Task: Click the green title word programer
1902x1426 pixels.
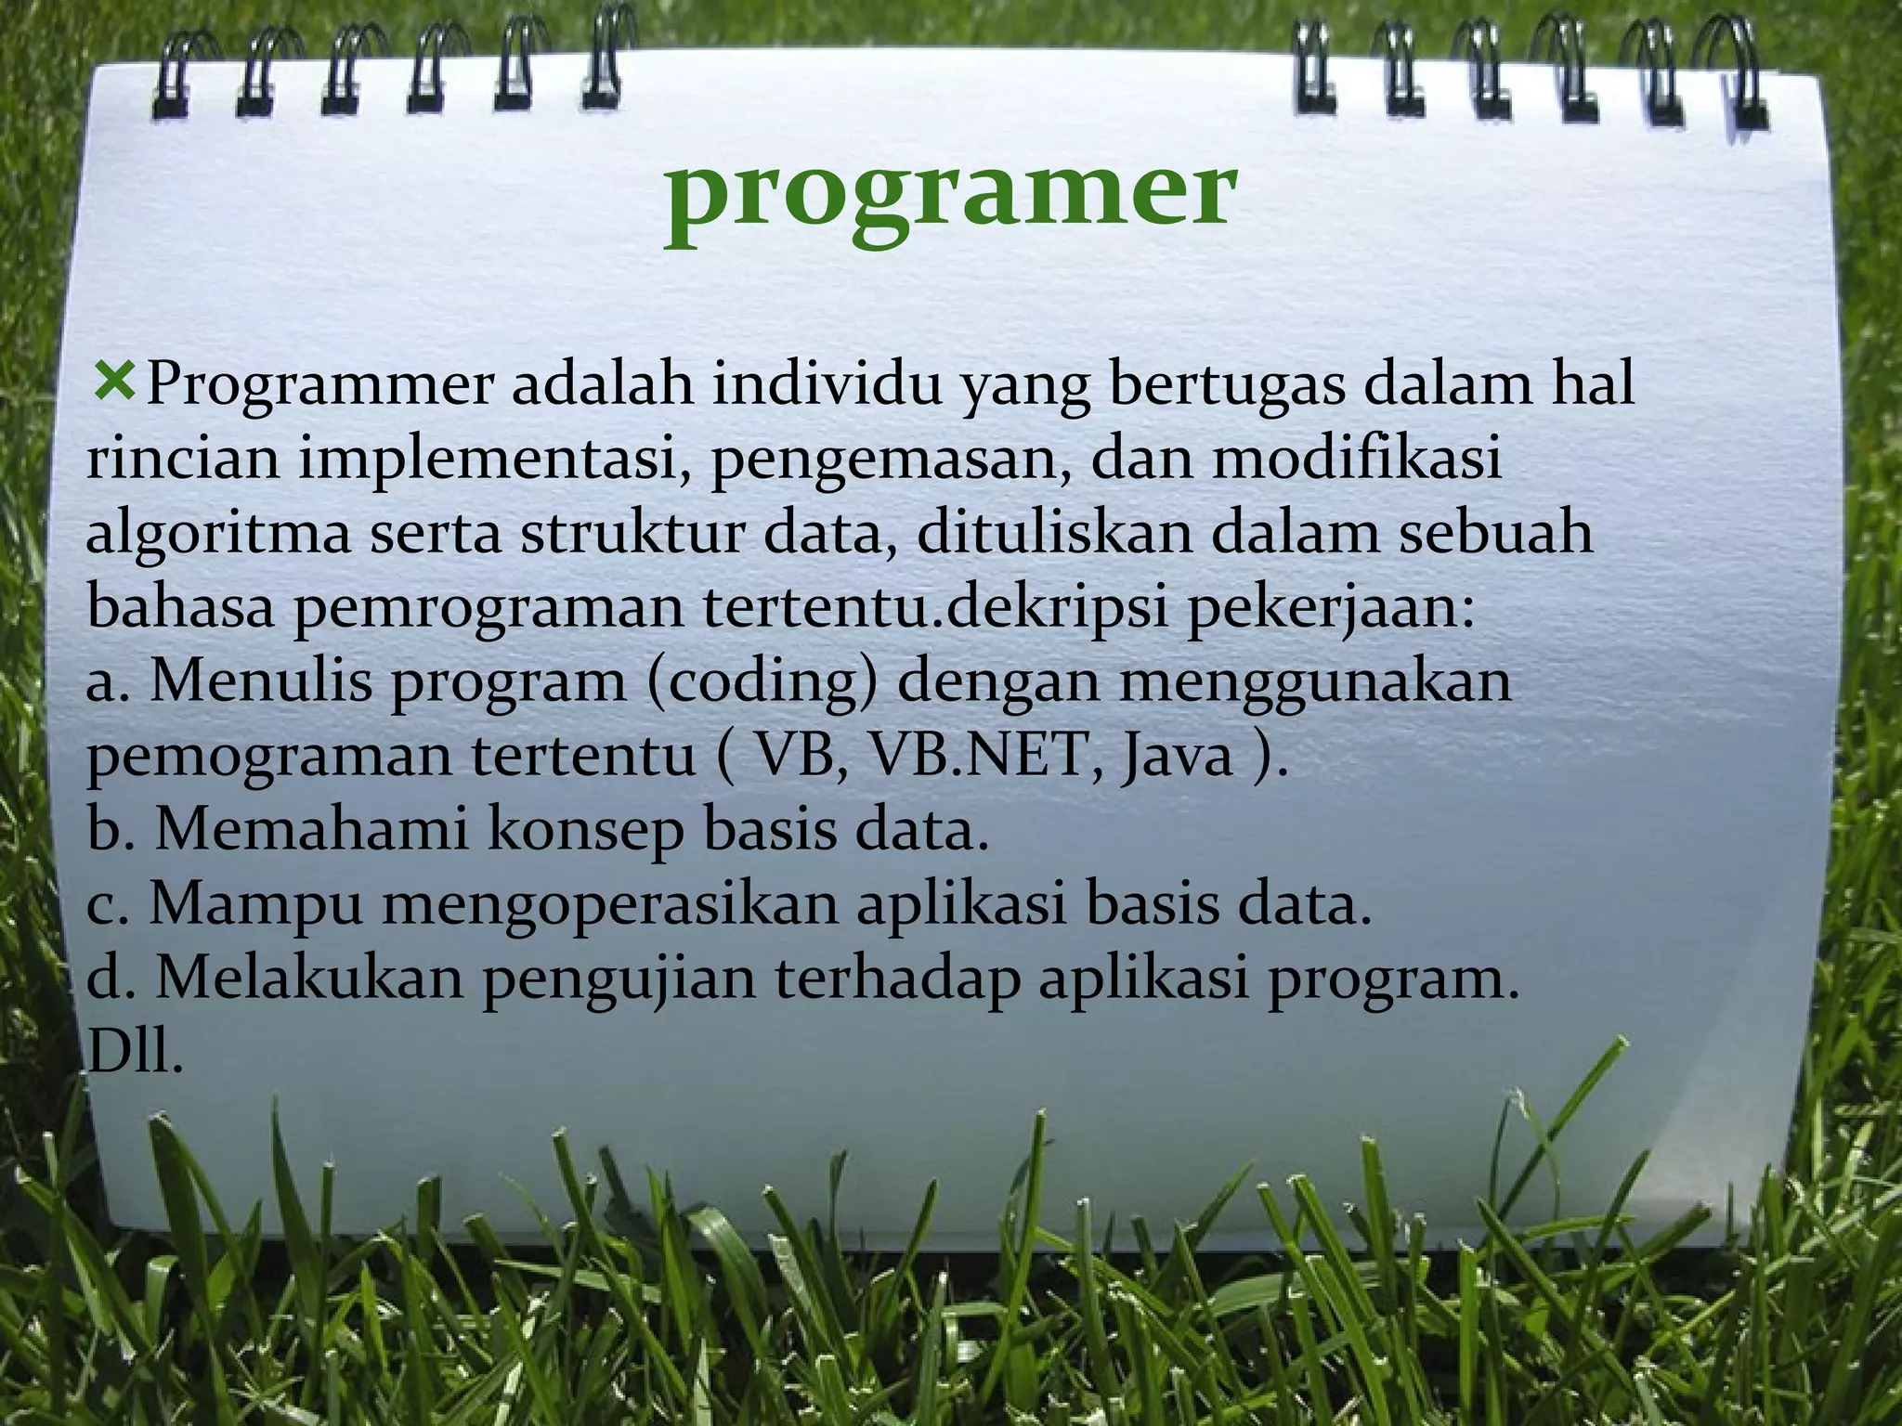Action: click(950, 197)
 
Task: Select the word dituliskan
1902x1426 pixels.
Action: click(1049, 533)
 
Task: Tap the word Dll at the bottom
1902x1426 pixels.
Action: click(134, 1053)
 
